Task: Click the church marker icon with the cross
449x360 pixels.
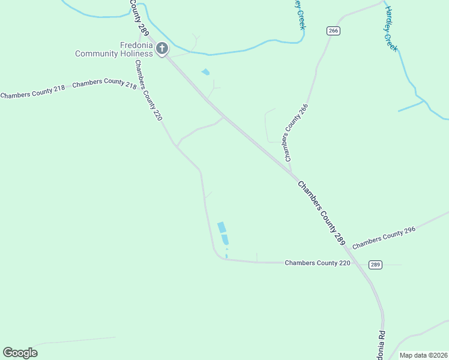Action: [161, 48]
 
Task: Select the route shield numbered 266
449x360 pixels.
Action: [334, 31]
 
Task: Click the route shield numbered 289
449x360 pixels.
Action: [375, 265]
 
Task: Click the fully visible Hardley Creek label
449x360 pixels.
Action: [391, 29]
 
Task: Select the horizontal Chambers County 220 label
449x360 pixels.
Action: [317, 263]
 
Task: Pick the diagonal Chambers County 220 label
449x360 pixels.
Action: [148, 91]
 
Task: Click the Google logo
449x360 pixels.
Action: [20, 353]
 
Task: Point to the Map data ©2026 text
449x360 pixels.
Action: [423, 355]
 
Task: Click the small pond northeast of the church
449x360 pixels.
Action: [206, 72]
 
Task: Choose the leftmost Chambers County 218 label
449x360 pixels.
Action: [32, 95]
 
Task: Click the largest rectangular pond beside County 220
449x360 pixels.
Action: [221, 227]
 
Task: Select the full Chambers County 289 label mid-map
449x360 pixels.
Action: [321, 213]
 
